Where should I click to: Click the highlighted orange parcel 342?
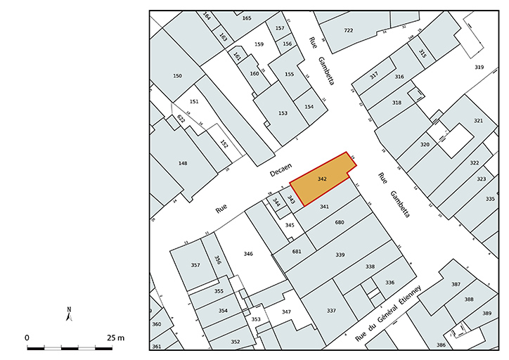322,180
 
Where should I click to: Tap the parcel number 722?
348,31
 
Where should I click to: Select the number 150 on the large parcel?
177,76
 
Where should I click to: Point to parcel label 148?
183,163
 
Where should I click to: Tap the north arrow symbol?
69,314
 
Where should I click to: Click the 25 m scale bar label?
116,337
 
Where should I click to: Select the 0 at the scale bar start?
27,337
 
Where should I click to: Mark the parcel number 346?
247,253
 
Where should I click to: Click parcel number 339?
340,254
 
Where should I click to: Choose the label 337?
331,310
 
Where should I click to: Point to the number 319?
479,67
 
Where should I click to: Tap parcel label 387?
456,284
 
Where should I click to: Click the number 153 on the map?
283,113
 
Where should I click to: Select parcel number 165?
246,18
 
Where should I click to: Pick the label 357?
195,265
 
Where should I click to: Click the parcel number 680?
340,222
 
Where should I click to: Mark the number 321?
478,121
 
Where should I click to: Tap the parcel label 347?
286,311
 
